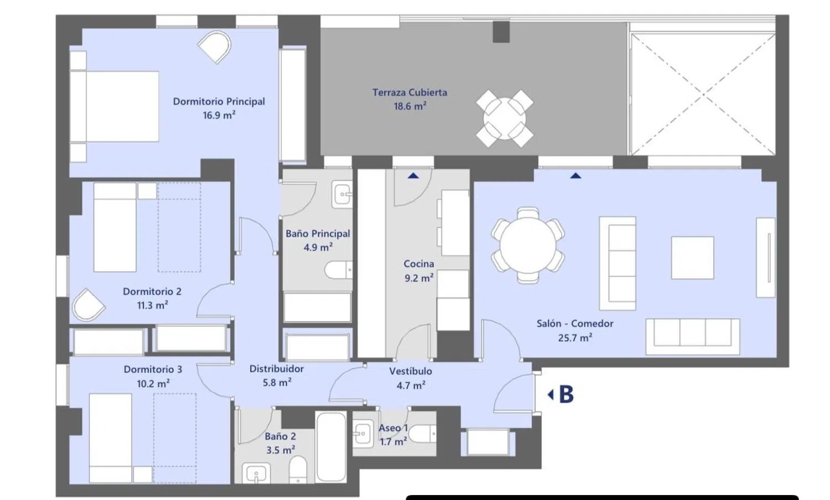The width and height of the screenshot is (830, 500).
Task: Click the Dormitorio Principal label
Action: tap(219, 101)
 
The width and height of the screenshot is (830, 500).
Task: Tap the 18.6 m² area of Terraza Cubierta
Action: tap(410, 106)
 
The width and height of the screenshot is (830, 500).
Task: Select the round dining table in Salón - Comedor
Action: tap(528, 246)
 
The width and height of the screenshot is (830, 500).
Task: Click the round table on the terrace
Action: tap(504, 118)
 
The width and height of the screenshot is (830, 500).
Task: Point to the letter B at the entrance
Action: tap(566, 394)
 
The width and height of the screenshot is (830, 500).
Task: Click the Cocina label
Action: tap(419, 264)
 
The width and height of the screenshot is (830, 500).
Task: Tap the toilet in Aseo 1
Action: tap(422, 433)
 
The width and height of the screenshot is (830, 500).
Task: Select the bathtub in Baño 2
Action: tap(331, 447)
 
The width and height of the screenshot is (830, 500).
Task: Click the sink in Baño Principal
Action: tap(341, 194)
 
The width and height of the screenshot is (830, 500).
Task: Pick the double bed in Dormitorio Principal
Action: tap(115, 106)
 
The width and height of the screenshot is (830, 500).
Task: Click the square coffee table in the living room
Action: tap(693, 258)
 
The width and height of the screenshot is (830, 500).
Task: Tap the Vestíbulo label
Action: tap(411, 371)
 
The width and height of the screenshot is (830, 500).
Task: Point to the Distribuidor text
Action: tap(277, 369)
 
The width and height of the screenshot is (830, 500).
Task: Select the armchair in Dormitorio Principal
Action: tap(215, 46)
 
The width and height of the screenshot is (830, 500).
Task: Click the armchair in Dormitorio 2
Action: tap(88, 305)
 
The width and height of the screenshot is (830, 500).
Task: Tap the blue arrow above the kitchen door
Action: tap(413, 175)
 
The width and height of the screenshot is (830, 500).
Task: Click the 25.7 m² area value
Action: tap(575, 338)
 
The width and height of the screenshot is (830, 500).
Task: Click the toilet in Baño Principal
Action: tap(338, 270)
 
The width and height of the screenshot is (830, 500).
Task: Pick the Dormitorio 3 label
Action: tap(153, 369)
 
